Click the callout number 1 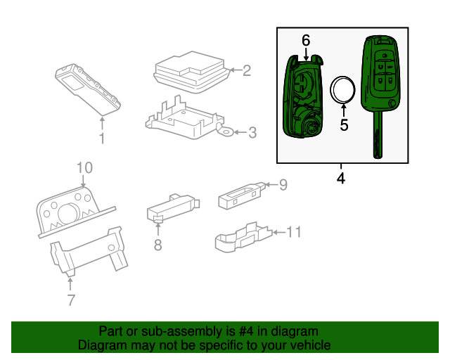coord(101,139)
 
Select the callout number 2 coord(246,70)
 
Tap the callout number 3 coord(252,131)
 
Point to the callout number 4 coord(341,179)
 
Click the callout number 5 coord(344,125)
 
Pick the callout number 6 coord(306,41)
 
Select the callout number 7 coord(70,301)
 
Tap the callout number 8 coord(157,245)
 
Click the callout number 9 coord(283,185)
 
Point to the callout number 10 coord(84,167)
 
